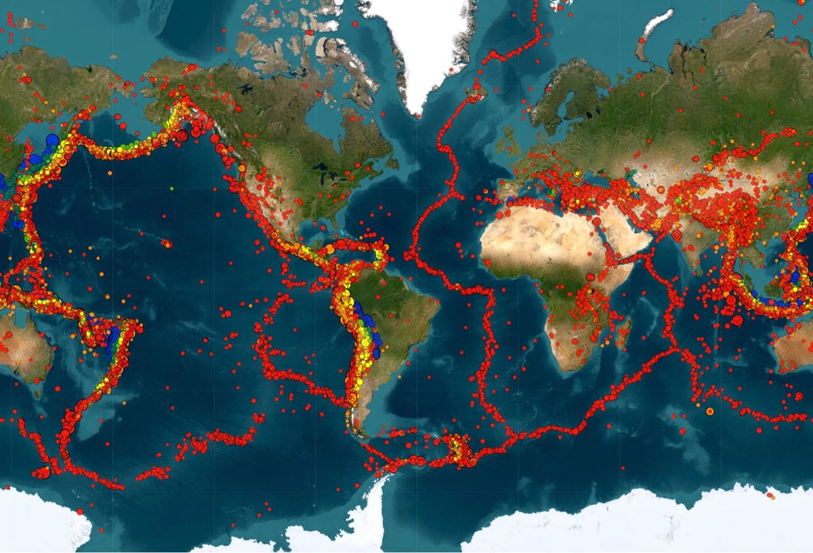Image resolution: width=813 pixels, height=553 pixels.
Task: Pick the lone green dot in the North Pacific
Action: point(172,188)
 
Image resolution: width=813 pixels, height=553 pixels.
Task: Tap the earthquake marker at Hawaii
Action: point(167,243)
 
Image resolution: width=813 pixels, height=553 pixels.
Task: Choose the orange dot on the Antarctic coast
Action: point(771,497)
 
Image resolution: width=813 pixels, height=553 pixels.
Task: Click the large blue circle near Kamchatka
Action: point(51,140)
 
